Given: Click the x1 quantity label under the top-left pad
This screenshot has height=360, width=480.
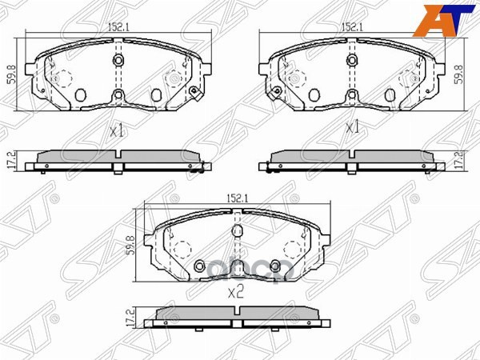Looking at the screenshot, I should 118,130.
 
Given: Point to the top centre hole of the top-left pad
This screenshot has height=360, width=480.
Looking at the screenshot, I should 118,61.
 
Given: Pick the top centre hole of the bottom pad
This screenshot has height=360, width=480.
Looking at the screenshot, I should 236,232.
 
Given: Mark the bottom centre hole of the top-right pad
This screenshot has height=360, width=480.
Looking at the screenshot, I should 352,97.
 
